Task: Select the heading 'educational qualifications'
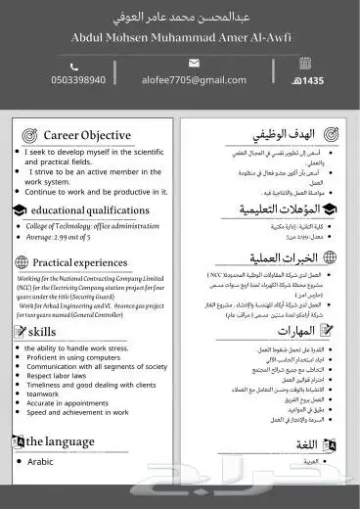point(90,210)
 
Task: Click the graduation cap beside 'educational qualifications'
point(17,210)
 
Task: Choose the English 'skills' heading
point(45,333)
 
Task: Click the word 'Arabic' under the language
point(40,461)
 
